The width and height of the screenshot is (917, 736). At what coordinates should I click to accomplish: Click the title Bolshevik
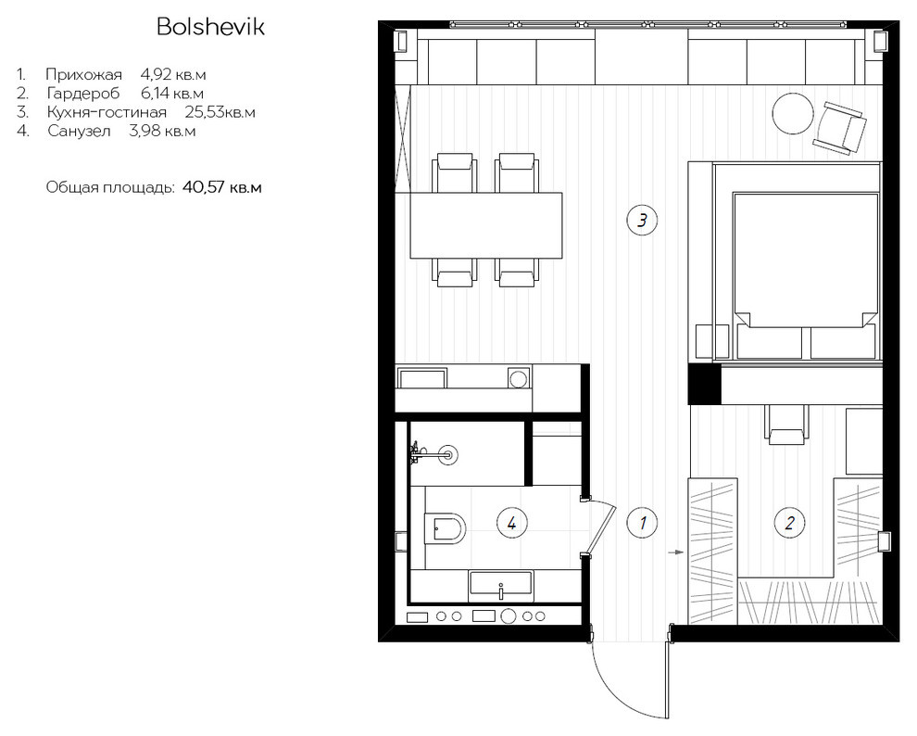(210, 26)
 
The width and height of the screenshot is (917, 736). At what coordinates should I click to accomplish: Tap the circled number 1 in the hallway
(642, 522)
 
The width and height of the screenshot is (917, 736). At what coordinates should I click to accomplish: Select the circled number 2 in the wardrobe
(789, 522)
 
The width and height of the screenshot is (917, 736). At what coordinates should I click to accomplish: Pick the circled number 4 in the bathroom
(511, 522)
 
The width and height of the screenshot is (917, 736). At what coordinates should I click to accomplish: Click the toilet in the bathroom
(444, 529)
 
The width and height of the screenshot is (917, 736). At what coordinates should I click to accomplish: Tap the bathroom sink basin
(500, 586)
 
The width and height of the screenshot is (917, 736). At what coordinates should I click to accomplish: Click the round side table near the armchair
(793, 115)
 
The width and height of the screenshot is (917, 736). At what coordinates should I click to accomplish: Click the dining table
(486, 225)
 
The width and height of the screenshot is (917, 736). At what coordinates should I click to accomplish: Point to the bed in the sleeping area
(806, 275)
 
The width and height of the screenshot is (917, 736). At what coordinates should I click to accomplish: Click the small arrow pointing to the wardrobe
(676, 552)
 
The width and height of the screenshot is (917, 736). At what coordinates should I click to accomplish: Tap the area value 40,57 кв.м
(221, 188)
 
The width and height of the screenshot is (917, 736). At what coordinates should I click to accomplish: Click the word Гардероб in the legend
(83, 94)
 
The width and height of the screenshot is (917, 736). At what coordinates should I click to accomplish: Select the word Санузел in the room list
(79, 131)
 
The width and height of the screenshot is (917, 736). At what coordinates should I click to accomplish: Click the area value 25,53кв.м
(220, 112)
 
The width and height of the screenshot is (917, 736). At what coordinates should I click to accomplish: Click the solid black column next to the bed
(704, 383)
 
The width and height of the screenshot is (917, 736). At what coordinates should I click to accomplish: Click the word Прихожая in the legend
(83, 75)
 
